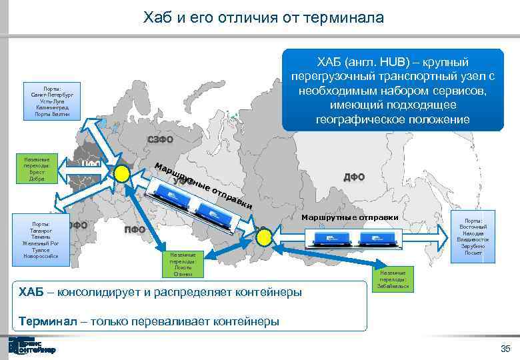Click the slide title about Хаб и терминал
pyautogui.click(x=263, y=17)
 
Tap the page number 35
pyautogui.click(x=505, y=349)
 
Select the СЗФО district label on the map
pyautogui.click(x=159, y=139)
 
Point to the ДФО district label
pyautogui.click(x=353, y=177)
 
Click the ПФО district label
pyautogui.click(x=135, y=230)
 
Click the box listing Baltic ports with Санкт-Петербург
pyautogui.click(x=51, y=101)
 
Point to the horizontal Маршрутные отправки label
pyautogui.click(x=349, y=217)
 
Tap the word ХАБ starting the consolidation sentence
pyautogui.click(x=32, y=292)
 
